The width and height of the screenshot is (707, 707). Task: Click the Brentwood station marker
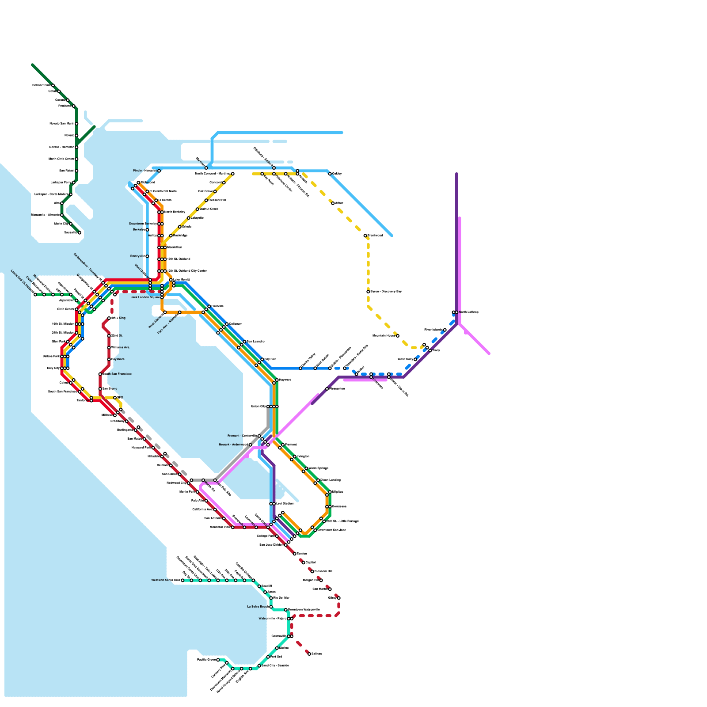coord(365,236)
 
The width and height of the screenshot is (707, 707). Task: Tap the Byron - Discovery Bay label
coord(386,292)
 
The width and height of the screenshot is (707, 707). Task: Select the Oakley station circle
coord(330,174)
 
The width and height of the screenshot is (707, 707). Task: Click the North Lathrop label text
coord(468,312)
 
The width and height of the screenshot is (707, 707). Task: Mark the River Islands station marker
coord(445,330)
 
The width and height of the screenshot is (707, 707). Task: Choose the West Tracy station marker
coord(415,359)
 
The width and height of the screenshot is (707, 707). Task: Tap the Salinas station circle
coord(309,654)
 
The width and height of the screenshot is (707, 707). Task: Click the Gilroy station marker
coord(339,598)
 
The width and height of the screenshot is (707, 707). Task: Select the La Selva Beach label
coord(258,607)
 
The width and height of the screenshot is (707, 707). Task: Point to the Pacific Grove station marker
coord(218,660)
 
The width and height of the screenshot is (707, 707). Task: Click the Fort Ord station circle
coord(268,657)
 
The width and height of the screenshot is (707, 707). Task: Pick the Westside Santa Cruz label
coord(166,580)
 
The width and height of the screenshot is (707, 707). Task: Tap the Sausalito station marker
coord(80,233)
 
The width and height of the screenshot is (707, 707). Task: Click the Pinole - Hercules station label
coord(144,171)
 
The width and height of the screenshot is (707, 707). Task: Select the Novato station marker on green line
coord(76,136)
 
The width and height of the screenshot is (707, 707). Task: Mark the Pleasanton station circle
coord(327,389)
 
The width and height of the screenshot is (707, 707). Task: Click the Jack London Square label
coord(145,297)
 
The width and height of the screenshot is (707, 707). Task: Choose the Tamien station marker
coord(295,554)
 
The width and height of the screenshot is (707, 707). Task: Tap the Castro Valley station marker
coord(300,368)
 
